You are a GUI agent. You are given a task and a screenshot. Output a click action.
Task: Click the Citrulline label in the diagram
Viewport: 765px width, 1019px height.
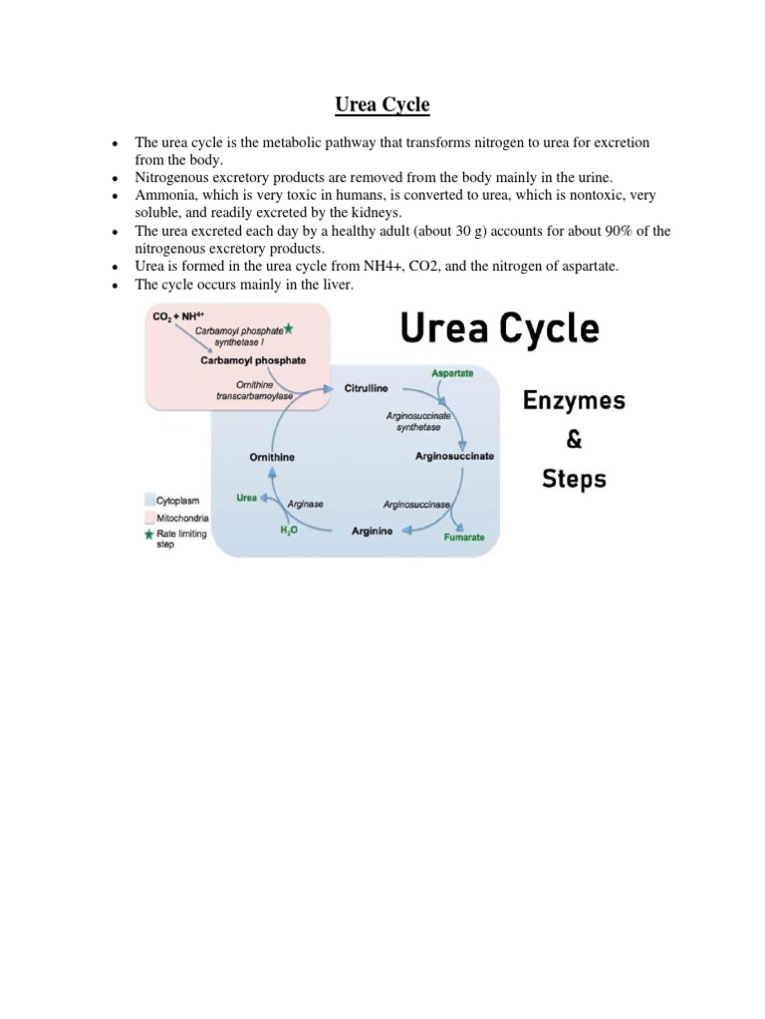tap(366, 387)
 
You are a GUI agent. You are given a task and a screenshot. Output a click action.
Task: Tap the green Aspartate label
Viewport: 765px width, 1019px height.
tap(451, 372)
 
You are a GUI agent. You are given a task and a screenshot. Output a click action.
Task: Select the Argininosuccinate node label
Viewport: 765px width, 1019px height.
tap(454, 456)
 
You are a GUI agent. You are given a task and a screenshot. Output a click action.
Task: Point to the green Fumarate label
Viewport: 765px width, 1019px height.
tap(464, 537)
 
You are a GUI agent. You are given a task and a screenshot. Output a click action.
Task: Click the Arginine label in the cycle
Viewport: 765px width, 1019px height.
tap(372, 531)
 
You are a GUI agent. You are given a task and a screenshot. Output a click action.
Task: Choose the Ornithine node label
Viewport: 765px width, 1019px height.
tap(271, 457)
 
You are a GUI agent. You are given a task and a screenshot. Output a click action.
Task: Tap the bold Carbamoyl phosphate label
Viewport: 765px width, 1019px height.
tap(253, 360)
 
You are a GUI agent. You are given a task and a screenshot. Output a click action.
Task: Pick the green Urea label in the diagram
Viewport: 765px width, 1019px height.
tap(246, 498)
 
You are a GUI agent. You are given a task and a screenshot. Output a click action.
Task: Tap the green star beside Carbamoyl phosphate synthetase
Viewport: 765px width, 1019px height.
tap(289, 328)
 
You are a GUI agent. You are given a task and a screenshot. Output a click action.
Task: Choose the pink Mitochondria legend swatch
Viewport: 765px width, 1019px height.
tap(149, 518)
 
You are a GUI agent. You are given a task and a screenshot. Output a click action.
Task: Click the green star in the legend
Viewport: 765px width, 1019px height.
tap(149, 533)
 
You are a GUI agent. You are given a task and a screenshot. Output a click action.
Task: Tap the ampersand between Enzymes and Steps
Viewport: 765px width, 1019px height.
tap(574, 439)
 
